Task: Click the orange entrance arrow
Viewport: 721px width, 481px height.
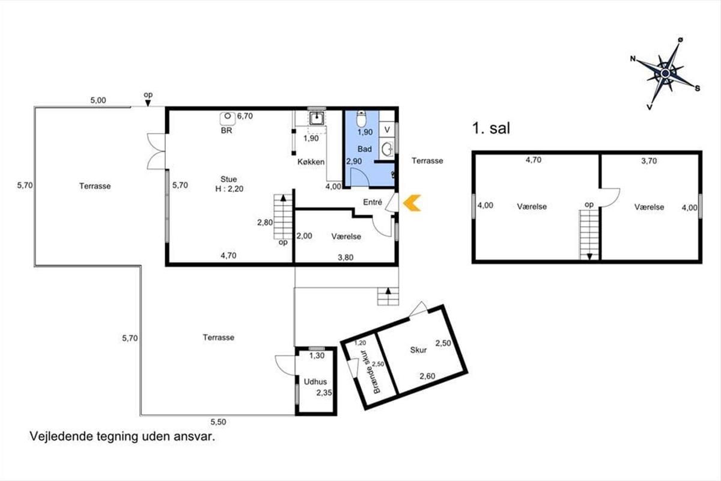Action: click(x=412, y=203)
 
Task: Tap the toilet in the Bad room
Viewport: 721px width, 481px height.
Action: click(x=361, y=119)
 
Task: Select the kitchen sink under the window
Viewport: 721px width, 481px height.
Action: click(x=317, y=118)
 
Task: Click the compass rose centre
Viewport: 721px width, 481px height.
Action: click(x=665, y=74)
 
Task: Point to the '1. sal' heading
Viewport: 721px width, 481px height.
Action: click(x=491, y=128)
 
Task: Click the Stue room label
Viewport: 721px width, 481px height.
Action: click(x=228, y=179)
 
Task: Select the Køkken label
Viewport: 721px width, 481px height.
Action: click(x=311, y=162)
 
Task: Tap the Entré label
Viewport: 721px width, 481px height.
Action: click(x=373, y=202)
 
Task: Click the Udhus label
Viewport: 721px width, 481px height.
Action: click(x=315, y=382)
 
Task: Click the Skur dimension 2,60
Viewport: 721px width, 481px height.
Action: click(x=427, y=376)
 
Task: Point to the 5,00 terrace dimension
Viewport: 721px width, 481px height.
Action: click(x=98, y=100)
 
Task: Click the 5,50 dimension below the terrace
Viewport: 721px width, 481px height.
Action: click(x=218, y=422)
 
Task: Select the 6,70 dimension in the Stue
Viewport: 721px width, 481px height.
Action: click(x=245, y=116)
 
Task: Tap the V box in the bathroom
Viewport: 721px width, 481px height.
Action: click(x=387, y=129)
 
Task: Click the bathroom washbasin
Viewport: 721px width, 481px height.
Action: click(x=387, y=149)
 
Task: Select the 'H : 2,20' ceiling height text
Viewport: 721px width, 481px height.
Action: click(x=229, y=189)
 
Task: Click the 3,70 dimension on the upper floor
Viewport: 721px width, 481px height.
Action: click(x=649, y=161)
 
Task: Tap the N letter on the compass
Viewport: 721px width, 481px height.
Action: click(x=633, y=59)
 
